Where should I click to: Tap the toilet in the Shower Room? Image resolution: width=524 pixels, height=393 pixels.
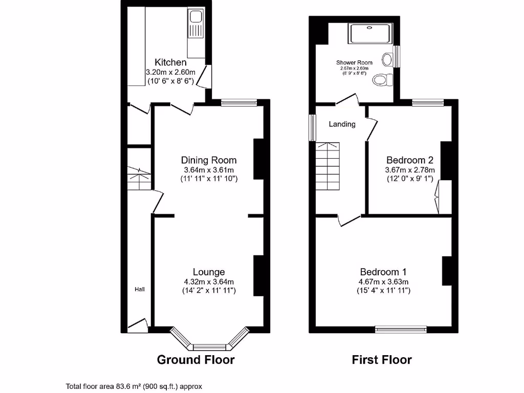tap(382, 80)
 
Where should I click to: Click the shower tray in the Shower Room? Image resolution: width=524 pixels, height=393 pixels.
tap(370, 34)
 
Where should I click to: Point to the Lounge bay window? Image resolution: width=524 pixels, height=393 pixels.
tap(209, 342)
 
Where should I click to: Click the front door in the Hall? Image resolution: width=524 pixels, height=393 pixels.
tap(137, 325)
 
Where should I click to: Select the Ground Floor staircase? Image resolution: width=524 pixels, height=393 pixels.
tap(139, 179)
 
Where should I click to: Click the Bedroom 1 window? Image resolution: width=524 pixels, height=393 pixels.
tap(401, 329)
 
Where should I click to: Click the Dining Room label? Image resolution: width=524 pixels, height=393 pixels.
tap(209, 160)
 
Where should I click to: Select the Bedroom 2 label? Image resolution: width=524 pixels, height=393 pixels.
tap(410, 160)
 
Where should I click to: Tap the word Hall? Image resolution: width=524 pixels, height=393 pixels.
tap(139, 290)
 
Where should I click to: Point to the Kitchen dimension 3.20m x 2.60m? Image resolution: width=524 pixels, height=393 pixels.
tap(170, 72)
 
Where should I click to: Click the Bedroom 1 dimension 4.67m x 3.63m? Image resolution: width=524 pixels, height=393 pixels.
tap(383, 281)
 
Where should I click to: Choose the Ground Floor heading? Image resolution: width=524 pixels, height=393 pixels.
tap(195, 360)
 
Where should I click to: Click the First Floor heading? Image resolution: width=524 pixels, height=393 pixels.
tap(382, 360)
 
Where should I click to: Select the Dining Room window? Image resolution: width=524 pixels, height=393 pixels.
tap(239, 103)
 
